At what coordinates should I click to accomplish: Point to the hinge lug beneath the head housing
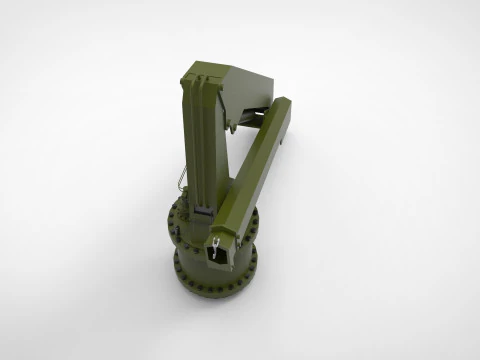pos(231,126)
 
